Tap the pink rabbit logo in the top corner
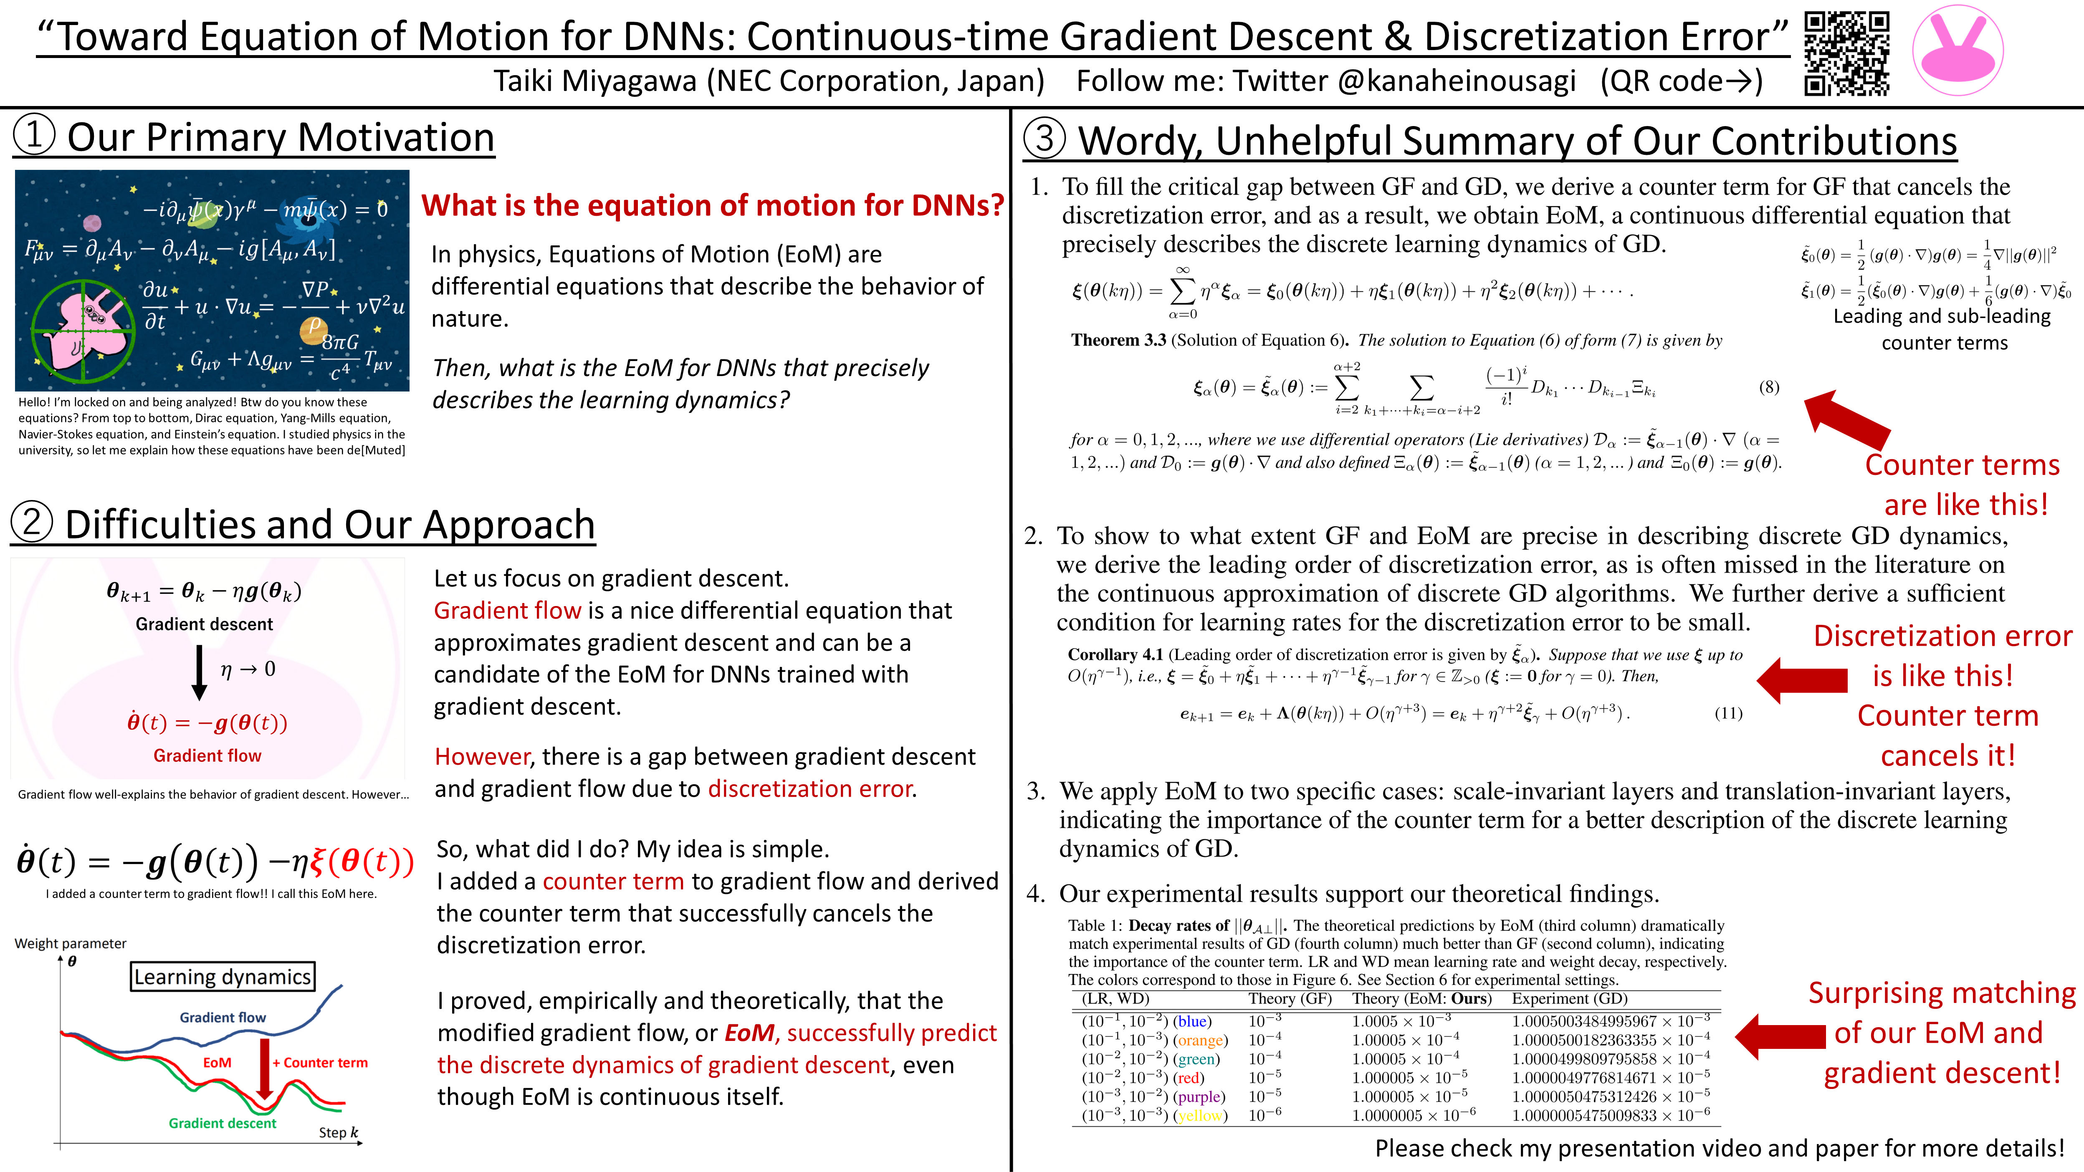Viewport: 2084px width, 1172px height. pyautogui.click(x=1958, y=50)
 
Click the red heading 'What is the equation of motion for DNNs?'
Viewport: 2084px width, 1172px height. pyautogui.click(x=712, y=205)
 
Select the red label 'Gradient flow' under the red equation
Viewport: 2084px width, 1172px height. pyautogui.click(x=207, y=755)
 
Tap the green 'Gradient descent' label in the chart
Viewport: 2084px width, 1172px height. pyautogui.click(x=223, y=1124)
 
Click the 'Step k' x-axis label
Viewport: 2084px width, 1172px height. pyautogui.click(x=338, y=1132)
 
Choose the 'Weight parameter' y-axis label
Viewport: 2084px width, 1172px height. pyautogui.click(x=71, y=943)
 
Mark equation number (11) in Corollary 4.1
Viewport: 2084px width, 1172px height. pyautogui.click(x=1728, y=713)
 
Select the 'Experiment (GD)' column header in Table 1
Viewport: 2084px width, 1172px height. pyautogui.click(x=1570, y=999)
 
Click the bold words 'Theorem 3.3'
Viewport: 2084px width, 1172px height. pyautogui.click(x=1118, y=341)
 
